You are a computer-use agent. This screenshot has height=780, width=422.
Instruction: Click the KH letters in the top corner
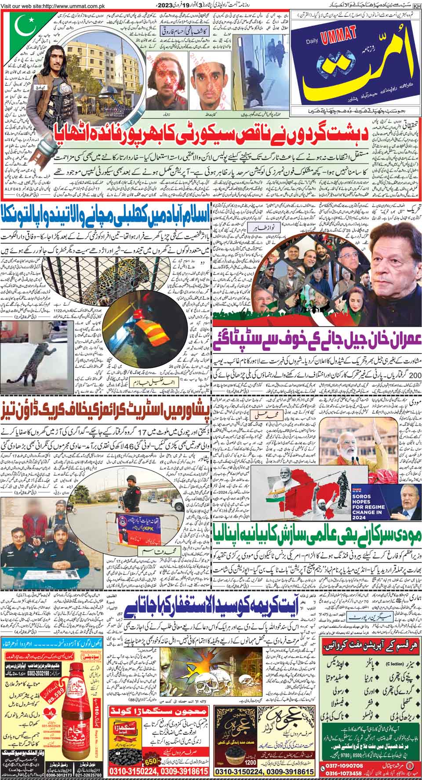[417, 4]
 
